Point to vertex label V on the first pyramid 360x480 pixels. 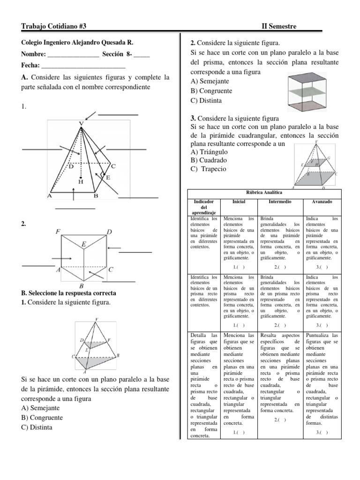click(81, 123)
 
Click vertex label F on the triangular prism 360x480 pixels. click(58, 232)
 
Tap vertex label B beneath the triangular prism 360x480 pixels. click(81, 285)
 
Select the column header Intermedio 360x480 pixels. click(280, 201)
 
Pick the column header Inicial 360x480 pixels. click(239, 201)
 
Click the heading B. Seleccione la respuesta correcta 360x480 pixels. click(69, 293)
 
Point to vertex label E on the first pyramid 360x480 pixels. click(108, 178)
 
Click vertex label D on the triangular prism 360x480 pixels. click(109, 232)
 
